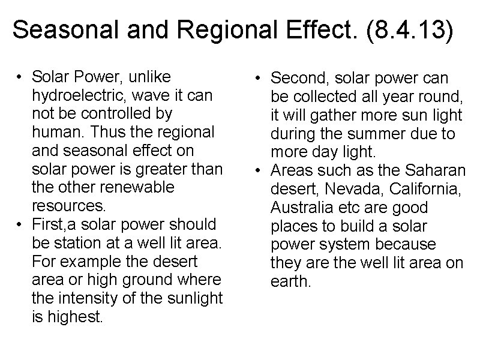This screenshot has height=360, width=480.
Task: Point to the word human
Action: click(x=57, y=132)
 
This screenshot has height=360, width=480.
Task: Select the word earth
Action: click(x=292, y=281)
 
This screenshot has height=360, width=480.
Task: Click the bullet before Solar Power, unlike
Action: click(x=20, y=77)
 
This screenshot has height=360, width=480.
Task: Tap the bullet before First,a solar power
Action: click(x=20, y=225)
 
